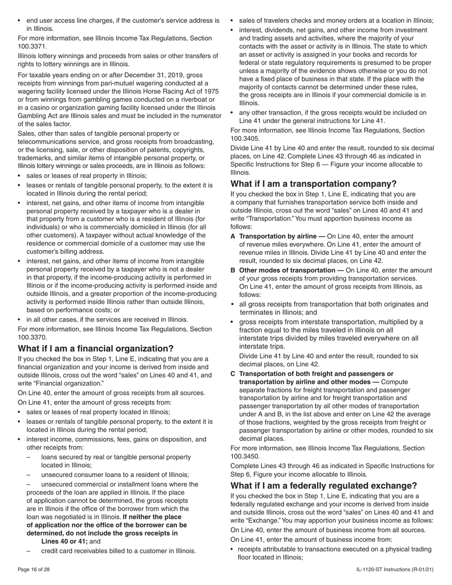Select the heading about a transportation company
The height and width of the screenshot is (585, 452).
tap(313, 184)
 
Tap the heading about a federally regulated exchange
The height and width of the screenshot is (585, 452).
tap(324, 486)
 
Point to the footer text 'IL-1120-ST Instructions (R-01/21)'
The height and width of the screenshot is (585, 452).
tap(394, 569)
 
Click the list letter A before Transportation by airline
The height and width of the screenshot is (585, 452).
tap(233, 236)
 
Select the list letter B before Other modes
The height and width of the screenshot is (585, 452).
tap(233, 270)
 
